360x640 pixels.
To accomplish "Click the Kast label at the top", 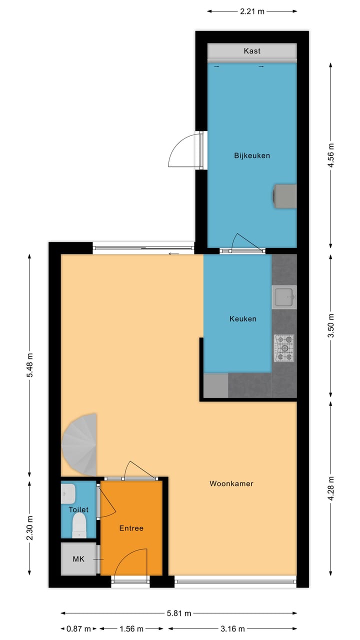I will (252, 51).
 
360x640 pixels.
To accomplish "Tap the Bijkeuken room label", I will (252, 155).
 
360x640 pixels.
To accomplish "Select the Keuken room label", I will (243, 318).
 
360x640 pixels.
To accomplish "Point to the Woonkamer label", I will (231, 483).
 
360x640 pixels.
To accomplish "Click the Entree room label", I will (131, 528).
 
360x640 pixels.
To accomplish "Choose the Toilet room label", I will (78, 509).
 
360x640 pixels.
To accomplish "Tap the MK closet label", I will (78, 559).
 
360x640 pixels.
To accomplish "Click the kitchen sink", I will (284, 297).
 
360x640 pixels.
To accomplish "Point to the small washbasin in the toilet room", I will (68, 493).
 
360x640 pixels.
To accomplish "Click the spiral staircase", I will (80, 445).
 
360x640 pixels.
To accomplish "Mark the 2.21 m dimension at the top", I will (252, 11).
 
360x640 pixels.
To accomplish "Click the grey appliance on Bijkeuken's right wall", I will (284, 195).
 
